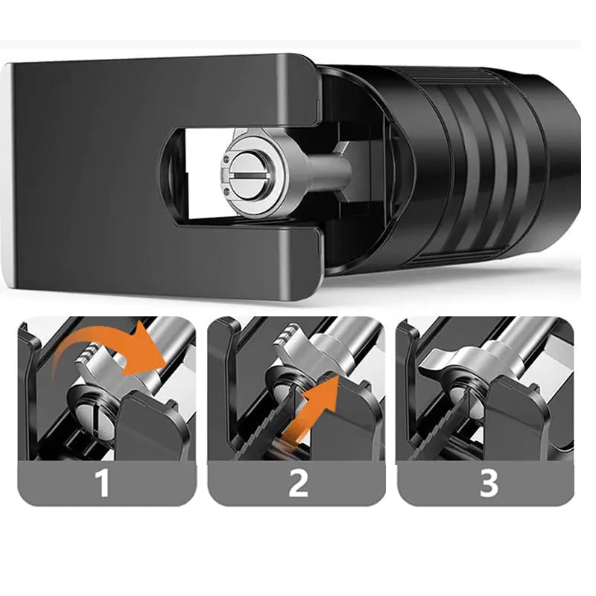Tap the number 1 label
102,483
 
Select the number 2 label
298,483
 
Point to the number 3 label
489,483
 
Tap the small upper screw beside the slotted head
226,160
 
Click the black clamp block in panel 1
152,425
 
